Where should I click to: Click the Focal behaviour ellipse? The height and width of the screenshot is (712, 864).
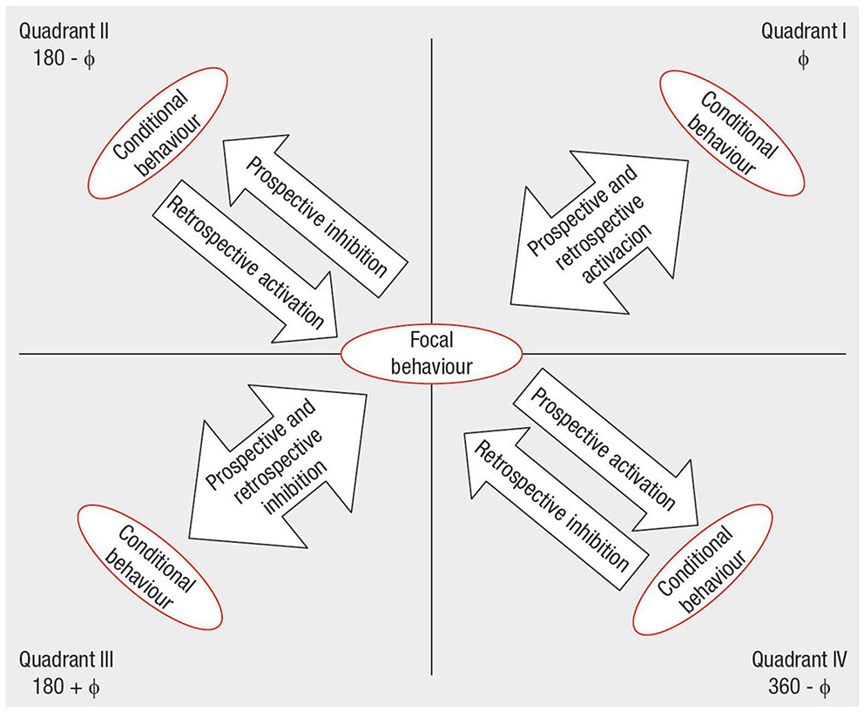[x=431, y=354]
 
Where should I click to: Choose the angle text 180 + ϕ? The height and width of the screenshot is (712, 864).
[x=64, y=688]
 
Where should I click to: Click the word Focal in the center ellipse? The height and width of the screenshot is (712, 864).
[x=431, y=342]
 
